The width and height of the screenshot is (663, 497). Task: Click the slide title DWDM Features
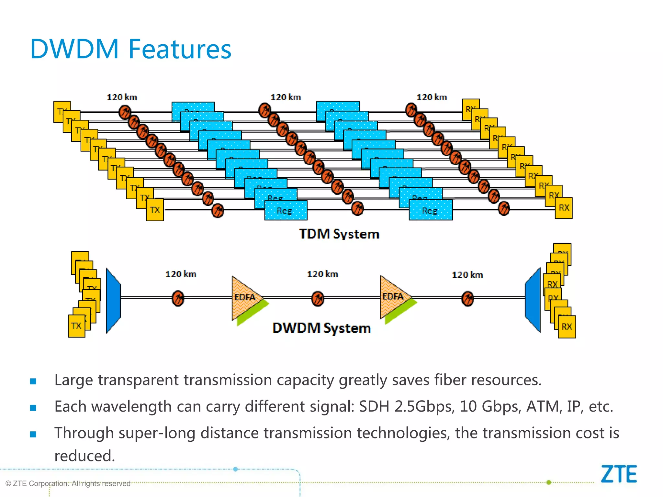130,49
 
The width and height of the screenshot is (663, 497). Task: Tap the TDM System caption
339,234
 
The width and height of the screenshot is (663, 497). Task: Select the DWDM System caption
321,328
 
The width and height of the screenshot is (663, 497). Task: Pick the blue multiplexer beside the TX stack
113,300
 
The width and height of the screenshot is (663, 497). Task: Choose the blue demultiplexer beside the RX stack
533,300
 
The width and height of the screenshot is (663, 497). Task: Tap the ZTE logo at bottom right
619,474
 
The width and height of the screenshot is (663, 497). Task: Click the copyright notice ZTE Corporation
68,483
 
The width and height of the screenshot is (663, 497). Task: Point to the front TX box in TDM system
155,210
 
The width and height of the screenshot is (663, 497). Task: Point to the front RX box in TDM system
564,208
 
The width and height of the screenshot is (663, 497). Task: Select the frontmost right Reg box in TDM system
431,211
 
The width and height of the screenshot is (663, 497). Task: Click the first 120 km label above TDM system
122,97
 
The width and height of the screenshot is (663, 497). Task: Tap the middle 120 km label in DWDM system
322,274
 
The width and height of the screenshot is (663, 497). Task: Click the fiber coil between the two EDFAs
318,298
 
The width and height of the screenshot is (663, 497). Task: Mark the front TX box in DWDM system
76,326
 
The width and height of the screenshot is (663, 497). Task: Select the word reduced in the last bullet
84,456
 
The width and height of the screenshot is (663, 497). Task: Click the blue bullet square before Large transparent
33,381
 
